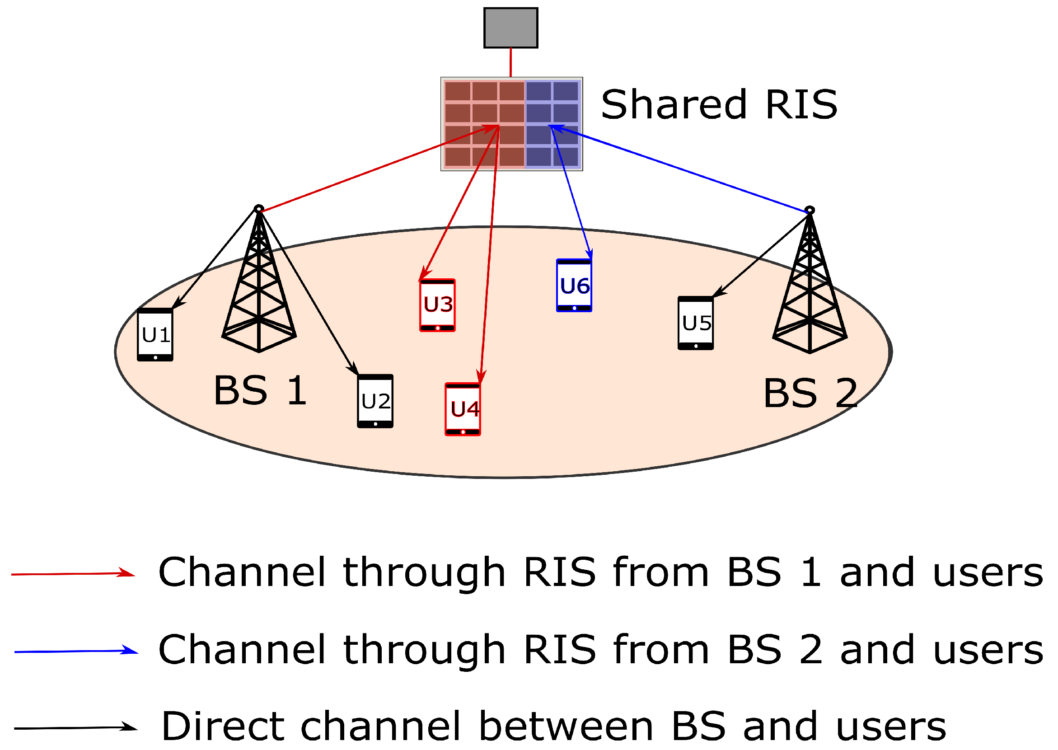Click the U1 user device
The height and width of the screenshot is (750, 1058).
(x=155, y=335)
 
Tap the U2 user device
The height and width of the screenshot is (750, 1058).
(x=375, y=401)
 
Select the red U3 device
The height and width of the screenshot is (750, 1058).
(x=437, y=305)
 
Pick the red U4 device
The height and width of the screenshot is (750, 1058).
(x=463, y=409)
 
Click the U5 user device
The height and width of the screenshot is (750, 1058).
(x=696, y=323)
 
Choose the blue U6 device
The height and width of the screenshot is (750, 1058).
(x=574, y=286)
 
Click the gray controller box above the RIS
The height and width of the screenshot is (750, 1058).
(x=511, y=28)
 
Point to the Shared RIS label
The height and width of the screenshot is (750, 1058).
(x=719, y=105)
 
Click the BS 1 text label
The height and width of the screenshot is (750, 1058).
(x=260, y=391)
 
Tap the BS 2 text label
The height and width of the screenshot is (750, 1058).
(x=810, y=394)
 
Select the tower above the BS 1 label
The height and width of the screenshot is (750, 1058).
(x=259, y=282)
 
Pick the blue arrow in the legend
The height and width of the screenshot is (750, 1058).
(x=76, y=652)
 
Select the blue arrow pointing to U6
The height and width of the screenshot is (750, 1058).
(x=572, y=192)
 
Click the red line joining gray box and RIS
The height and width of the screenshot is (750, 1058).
(x=510, y=62)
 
